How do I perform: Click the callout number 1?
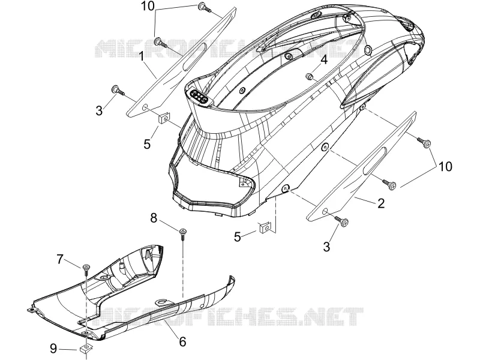[x=142, y=57]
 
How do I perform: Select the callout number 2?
[x=381, y=203]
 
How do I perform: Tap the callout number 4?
[x=324, y=59]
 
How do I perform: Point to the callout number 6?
[x=182, y=341]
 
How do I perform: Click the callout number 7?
[x=59, y=260]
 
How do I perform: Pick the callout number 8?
[x=154, y=218]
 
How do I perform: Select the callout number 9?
[x=53, y=348]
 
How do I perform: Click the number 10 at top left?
[x=148, y=6]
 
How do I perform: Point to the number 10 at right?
[x=445, y=167]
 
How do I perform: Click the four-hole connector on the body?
[x=199, y=97]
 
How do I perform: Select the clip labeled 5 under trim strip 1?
[x=164, y=118]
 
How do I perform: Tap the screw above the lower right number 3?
[x=342, y=221]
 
